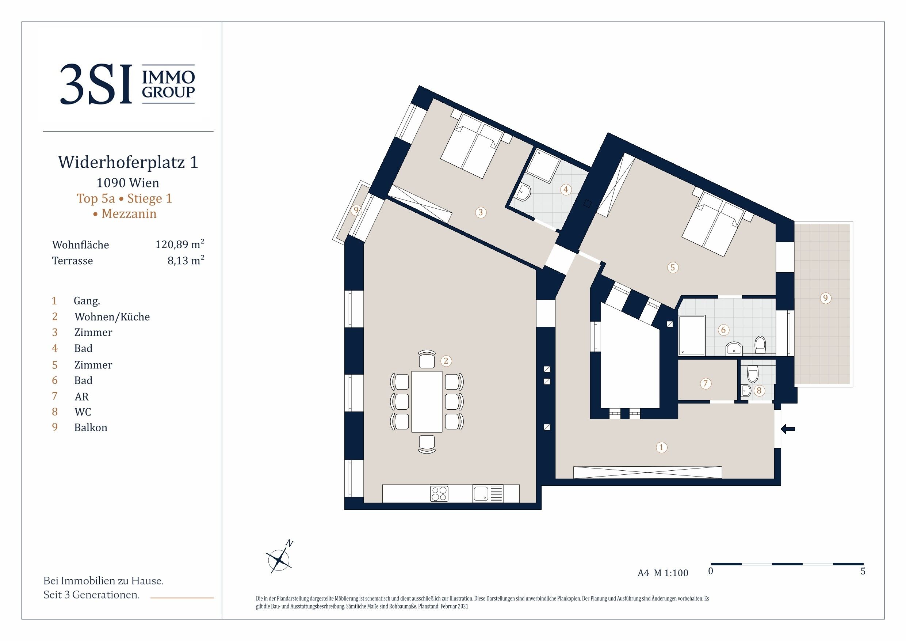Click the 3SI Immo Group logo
pyautogui.click(x=127, y=84)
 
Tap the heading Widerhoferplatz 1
pyautogui.click(x=128, y=162)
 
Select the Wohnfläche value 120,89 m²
pyautogui.click(x=180, y=244)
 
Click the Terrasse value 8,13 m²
pyautogui.click(x=186, y=261)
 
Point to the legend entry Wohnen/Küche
pyautogui.click(x=112, y=317)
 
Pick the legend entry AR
pyautogui.click(x=82, y=396)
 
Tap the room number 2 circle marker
pyautogui.click(x=446, y=361)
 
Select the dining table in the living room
pyautogui.click(x=427, y=401)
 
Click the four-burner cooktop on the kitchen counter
pyautogui.click(x=439, y=493)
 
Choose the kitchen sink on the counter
pyautogui.click(x=481, y=493)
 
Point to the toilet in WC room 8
pyautogui.click(x=753, y=373)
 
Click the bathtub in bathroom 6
pyautogui.click(x=691, y=335)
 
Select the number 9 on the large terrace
pyautogui.click(x=825, y=298)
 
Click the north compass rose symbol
pyautogui.click(x=279, y=560)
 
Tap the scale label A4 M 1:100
pyautogui.click(x=662, y=573)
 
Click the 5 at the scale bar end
pyautogui.click(x=863, y=572)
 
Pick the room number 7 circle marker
pyautogui.click(x=705, y=383)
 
